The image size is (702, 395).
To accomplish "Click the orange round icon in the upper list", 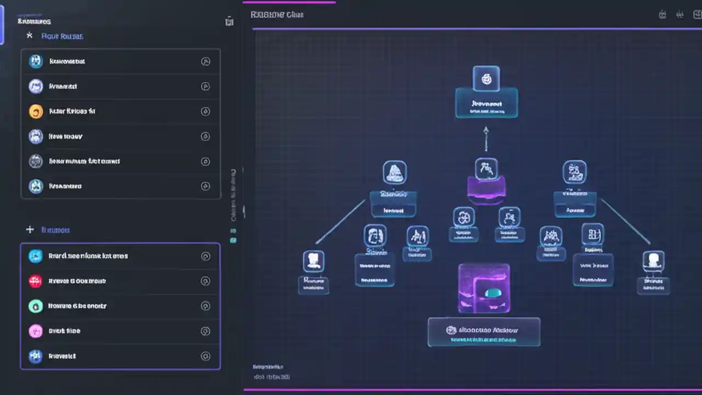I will pos(36,111).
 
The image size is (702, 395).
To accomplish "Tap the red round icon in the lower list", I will pos(35,281).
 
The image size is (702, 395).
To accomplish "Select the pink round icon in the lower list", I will pos(35,331).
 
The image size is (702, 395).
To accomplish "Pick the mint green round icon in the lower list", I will pos(35,306).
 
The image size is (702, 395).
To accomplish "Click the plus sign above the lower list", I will pos(30,230).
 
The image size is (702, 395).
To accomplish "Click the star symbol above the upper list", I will pos(30,36).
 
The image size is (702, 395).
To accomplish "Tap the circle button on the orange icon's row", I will pos(206,111).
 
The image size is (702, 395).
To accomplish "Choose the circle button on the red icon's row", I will pos(206,281).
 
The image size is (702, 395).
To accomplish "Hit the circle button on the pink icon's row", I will pos(206,331).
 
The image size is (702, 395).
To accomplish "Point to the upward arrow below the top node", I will pos(485,138).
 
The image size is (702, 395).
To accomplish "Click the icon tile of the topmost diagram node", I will pos(486,78).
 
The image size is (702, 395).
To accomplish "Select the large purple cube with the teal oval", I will pos(484,288).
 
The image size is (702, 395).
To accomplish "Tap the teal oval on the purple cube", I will pos(492,294).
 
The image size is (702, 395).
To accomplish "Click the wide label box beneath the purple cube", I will pos(484,332).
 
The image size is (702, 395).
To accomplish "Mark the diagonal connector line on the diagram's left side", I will pos(340,222).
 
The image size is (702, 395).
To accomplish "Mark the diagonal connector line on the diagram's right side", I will pos(625,221).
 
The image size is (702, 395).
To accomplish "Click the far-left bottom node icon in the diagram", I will pos(314,261).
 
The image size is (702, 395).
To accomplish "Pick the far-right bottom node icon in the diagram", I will pos(653,261).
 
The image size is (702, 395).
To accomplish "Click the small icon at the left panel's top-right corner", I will pos(229,21).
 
